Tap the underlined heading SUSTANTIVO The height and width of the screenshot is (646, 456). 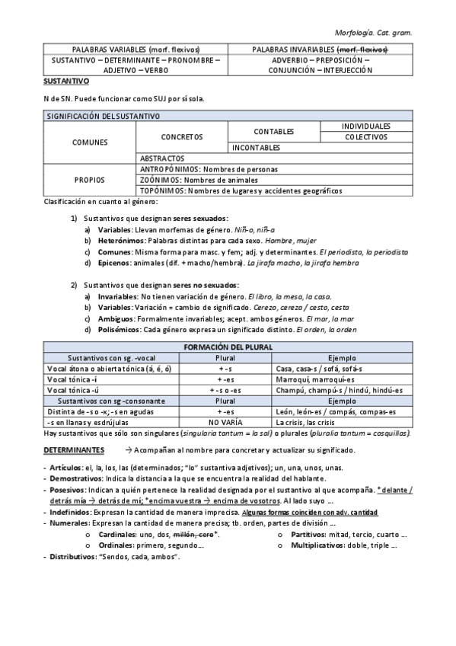(x=66, y=80)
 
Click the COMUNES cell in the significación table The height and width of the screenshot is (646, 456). (x=90, y=142)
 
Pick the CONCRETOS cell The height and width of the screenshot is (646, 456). (x=182, y=137)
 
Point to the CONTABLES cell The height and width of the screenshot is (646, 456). (x=274, y=132)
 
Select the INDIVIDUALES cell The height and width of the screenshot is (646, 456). (x=365, y=126)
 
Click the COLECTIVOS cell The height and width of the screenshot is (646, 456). (x=365, y=137)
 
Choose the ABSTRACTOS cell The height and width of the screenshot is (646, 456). (x=164, y=158)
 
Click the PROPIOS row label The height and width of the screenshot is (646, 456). (x=90, y=180)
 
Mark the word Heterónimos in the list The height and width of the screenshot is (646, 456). (x=120, y=240)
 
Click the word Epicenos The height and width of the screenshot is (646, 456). (x=115, y=263)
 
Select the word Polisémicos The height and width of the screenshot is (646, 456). (x=120, y=330)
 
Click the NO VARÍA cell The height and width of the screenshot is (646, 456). (x=225, y=421)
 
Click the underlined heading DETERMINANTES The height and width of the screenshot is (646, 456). (x=74, y=450)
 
